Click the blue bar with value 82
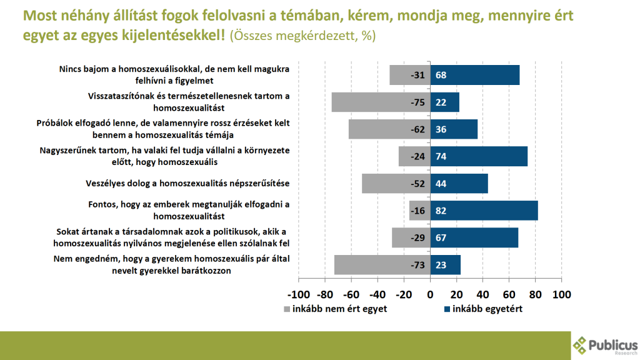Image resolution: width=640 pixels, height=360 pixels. click(484, 211)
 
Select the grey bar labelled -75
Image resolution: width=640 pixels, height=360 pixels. click(380, 102)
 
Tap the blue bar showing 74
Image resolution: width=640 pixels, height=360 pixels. click(479, 156)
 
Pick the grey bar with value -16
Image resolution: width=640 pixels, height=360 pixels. click(419, 211)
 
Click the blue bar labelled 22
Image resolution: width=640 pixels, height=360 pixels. click(444, 102)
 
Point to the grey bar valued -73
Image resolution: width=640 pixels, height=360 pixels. click(381, 265)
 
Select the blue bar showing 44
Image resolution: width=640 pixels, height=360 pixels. click(459, 184)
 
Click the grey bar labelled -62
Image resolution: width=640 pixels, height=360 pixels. click(389, 129)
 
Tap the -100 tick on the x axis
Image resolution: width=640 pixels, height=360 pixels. click(298, 294)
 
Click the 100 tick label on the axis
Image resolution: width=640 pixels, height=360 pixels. click(562, 294)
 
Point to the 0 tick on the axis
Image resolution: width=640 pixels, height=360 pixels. click(430, 294)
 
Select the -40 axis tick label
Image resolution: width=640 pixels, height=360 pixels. click(377, 294)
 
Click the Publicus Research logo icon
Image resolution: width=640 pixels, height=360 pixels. click(581, 344)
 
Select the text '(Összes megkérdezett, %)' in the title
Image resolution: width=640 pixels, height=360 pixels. click(302, 35)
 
